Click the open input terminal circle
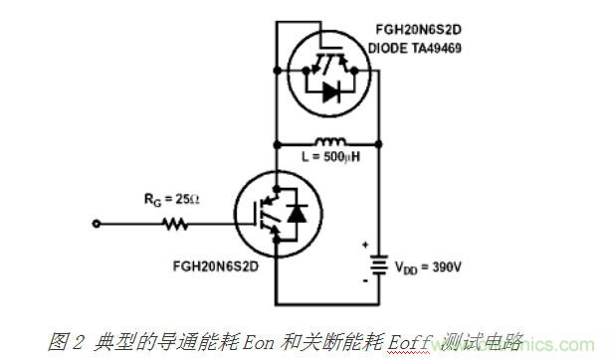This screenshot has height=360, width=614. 97,225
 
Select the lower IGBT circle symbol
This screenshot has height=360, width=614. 274,214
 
